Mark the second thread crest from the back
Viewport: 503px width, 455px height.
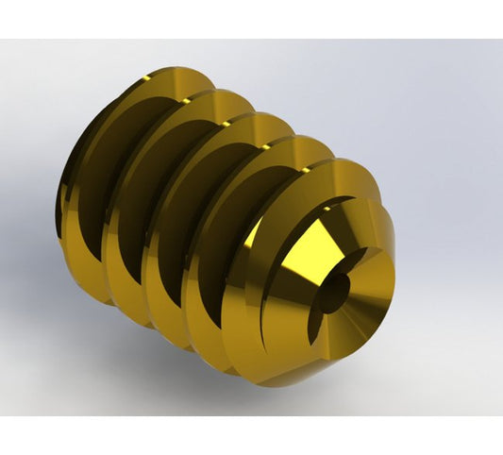222,98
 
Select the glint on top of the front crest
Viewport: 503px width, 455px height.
302,144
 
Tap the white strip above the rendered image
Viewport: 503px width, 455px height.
251,19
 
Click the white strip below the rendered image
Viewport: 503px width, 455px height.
251,434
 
